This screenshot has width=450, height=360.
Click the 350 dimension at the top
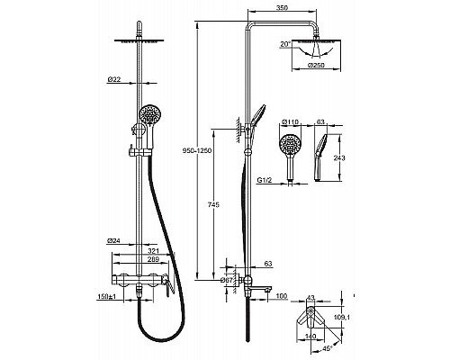(282, 8)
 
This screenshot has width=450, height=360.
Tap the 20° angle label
(286, 44)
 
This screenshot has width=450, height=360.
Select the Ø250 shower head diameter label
(316, 65)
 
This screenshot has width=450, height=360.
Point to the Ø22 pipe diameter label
(114, 79)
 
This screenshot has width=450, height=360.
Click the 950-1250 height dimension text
(197, 150)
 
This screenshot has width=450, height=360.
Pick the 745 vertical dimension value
(213, 204)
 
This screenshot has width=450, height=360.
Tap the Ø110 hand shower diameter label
(291, 121)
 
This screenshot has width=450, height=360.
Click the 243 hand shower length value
(339, 157)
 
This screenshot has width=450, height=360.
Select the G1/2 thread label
(265, 180)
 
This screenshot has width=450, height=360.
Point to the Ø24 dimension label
(114, 240)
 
